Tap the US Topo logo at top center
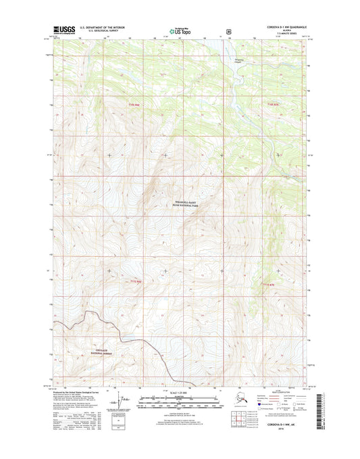179,30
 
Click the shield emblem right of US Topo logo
230,30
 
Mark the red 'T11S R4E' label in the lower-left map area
136,281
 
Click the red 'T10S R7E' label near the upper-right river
272,104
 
